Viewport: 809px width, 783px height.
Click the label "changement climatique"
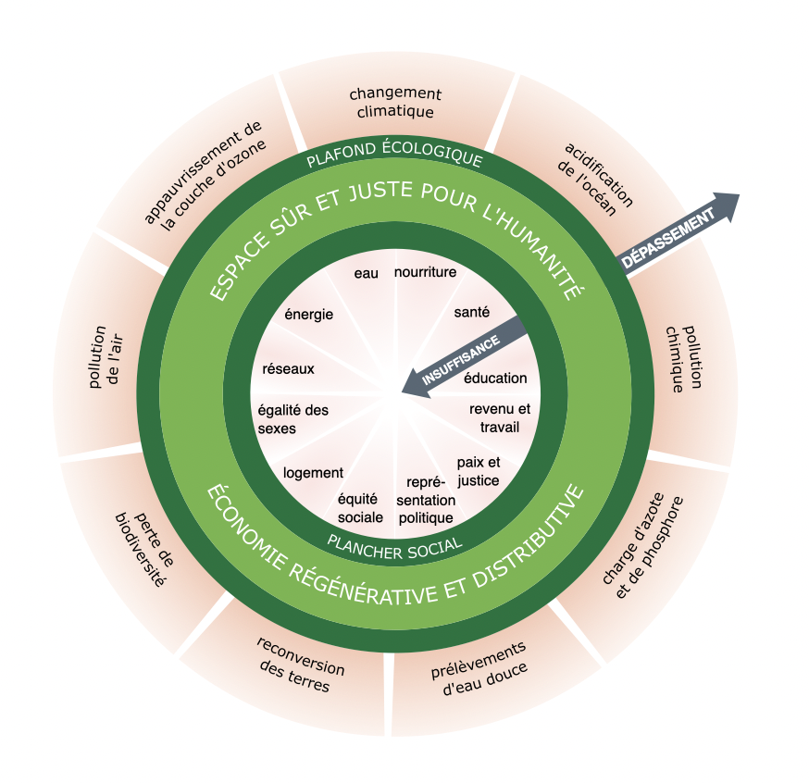pyautogui.click(x=395, y=103)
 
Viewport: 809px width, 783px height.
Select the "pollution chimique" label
pyautogui.click(x=686, y=358)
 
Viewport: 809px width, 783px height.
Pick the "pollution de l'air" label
pyautogui.click(x=104, y=355)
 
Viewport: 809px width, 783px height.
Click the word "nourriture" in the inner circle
pyautogui.click(x=426, y=272)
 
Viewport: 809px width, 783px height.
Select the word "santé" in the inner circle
pyautogui.click(x=472, y=312)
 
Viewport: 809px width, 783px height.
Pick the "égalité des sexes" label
pyautogui.click(x=293, y=419)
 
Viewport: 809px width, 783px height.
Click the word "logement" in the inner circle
pyautogui.click(x=314, y=472)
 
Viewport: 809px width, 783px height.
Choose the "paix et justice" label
pyautogui.click(x=478, y=471)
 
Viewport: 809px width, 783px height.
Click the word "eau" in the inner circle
pyautogui.click(x=366, y=274)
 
